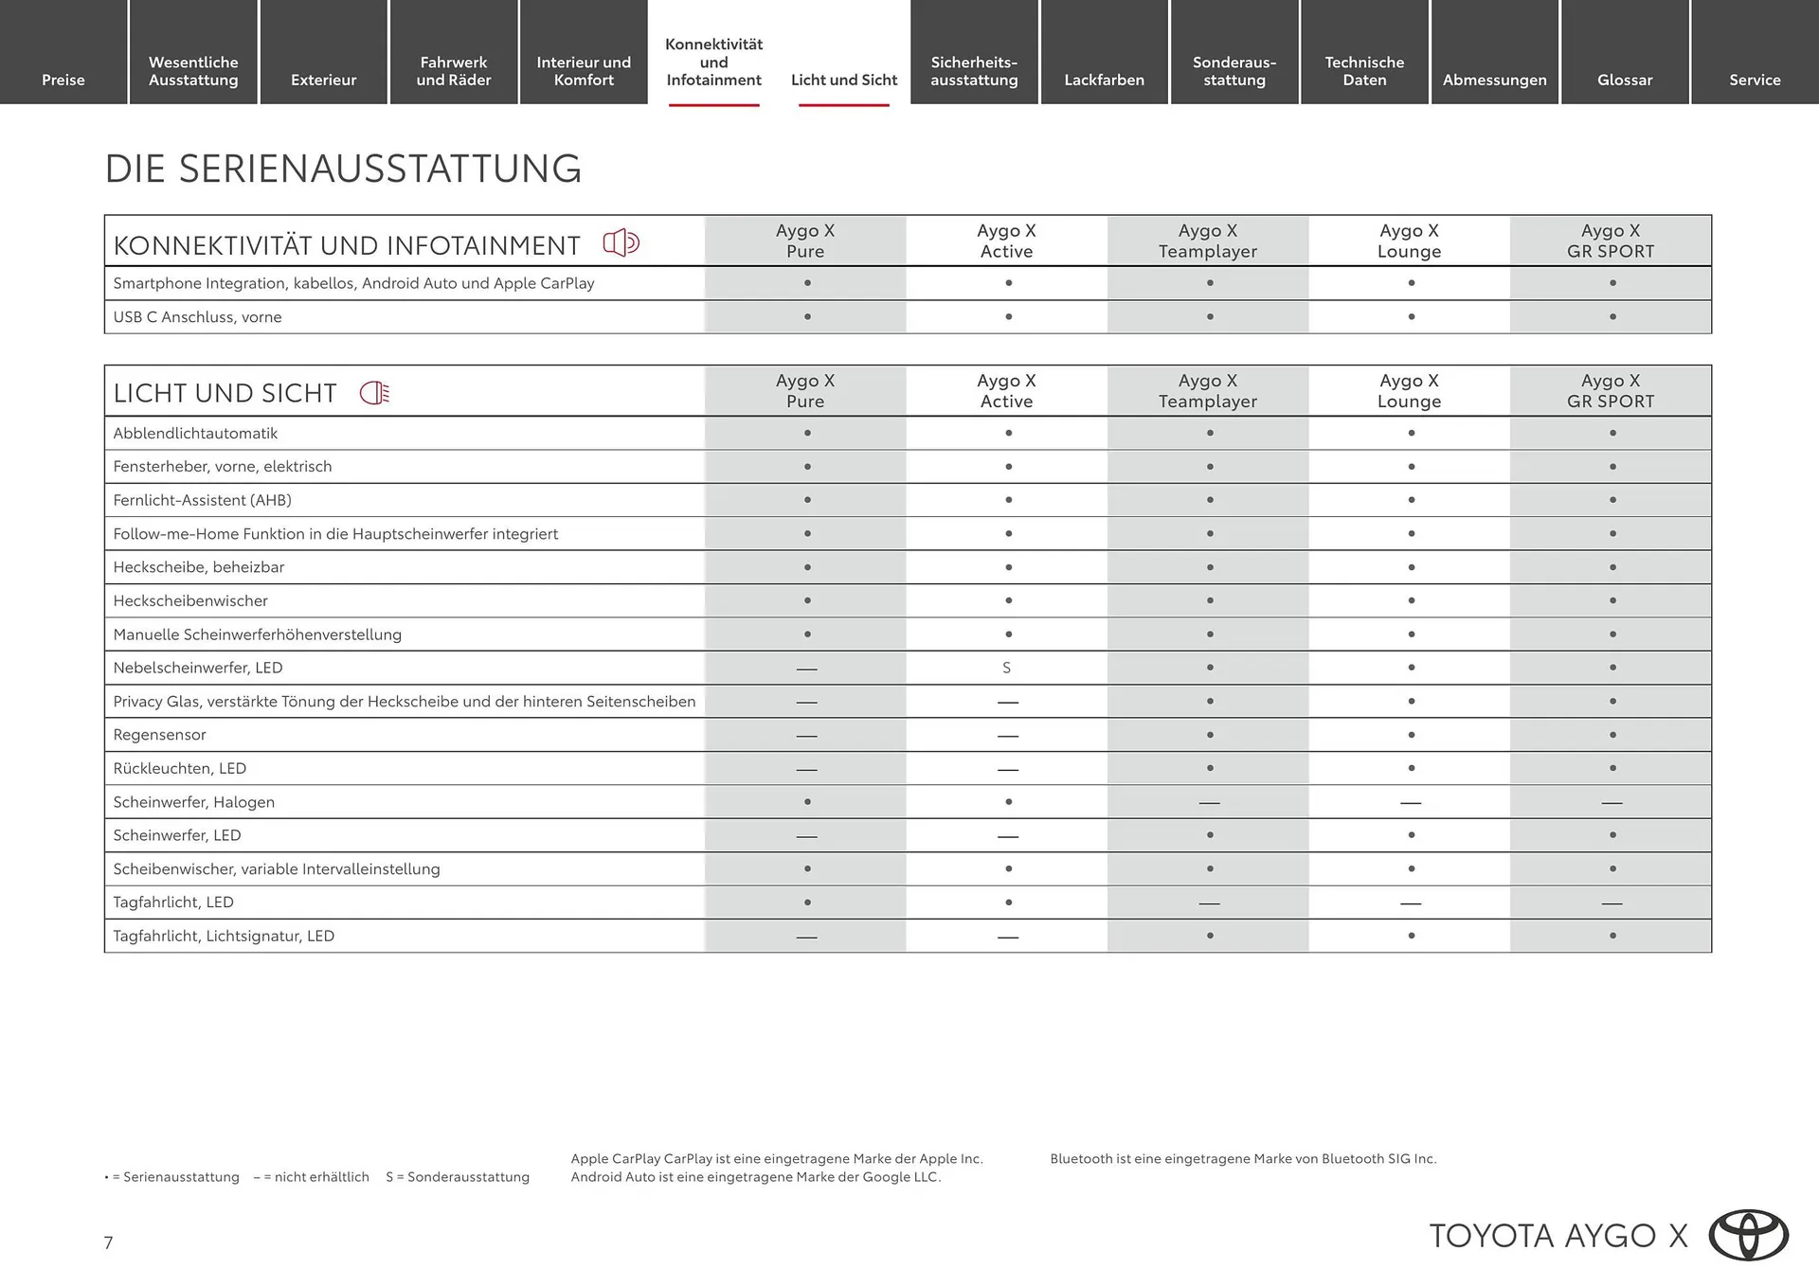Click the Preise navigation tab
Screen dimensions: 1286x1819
[x=63, y=80]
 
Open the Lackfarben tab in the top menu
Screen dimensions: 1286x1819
[x=1104, y=80]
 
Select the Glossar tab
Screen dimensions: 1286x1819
[x=1624, y=80]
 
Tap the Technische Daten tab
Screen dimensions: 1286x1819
[x=1364, y=71]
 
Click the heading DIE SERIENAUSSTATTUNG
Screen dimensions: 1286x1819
[x=343, y=169]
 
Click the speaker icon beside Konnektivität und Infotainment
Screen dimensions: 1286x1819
[x=621, y=243]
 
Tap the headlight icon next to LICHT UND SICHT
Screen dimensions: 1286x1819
[x=375, y=393]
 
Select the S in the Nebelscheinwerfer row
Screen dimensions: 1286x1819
[x=1006, y=668]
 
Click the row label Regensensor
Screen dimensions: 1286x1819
[x=159, y=735]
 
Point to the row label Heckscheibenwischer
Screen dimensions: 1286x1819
[x=190, y=600]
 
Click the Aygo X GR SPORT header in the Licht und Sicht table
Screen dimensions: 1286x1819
[x=1611, y=391]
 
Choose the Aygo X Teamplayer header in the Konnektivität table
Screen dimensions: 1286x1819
[x=1208, y=241]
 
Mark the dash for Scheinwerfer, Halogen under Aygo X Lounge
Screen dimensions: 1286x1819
[x=1410, y=803]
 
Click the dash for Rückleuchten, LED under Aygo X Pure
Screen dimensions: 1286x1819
[x=806, y=769]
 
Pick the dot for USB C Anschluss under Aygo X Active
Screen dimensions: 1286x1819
[x=1008, y=317]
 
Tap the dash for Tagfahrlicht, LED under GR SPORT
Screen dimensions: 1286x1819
[x=1612, y=903]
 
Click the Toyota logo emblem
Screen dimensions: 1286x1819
[x=1748, y=1235]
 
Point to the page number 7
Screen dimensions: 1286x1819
[x=109, y=1242]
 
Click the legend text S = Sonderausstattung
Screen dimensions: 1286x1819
[x=458, y=1177]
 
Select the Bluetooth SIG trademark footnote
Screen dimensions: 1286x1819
[x=1243, y=1158]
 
